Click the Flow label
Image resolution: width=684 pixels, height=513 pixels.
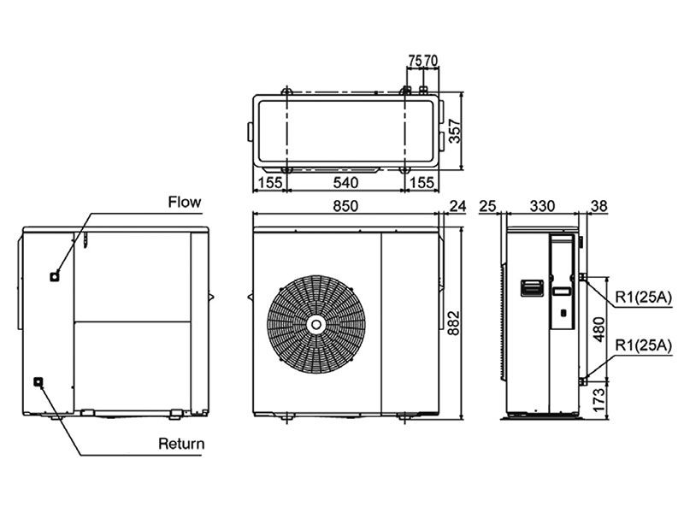pos(184,202)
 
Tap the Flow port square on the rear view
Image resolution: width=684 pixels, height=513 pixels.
pos(56,275)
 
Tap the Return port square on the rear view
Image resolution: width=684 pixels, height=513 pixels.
pos(38,382)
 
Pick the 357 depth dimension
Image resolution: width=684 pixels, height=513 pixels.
pos(455,130)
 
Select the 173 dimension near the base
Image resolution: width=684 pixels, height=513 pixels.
pos(599,398)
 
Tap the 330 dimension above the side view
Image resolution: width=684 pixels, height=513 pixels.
pos(542,205)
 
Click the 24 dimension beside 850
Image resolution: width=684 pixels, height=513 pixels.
pos(457,205)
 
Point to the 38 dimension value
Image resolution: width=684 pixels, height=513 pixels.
pos(598,205)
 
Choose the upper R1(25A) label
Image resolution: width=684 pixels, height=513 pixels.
pos(644,297)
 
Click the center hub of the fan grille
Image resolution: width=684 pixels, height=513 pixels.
pos(316,325)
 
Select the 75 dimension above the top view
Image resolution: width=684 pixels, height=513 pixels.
pos(415,62)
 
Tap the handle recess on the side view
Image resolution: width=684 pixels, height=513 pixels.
pos(530,286)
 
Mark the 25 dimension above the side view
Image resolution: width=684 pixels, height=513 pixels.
pos(488,205)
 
